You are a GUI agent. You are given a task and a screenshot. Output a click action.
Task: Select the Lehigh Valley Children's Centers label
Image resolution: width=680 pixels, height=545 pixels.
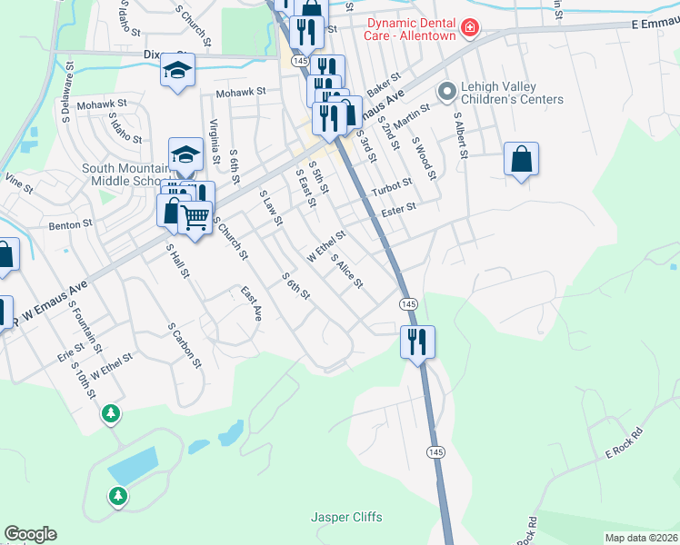(512, 93)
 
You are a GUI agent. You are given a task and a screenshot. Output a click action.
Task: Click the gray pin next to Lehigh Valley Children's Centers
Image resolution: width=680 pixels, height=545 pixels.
(446, 92)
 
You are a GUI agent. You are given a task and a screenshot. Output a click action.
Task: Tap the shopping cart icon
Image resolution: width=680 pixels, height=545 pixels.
(195, 218)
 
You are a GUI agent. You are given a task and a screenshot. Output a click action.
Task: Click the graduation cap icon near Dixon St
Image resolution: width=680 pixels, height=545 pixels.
(177, 69)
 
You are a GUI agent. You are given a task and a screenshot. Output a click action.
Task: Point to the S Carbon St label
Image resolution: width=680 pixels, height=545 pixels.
(184, 344)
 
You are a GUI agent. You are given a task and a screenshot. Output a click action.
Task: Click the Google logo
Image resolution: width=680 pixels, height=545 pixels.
(30, 534)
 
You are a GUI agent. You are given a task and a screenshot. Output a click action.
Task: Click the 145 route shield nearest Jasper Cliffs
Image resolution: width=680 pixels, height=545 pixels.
(435, 452)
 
